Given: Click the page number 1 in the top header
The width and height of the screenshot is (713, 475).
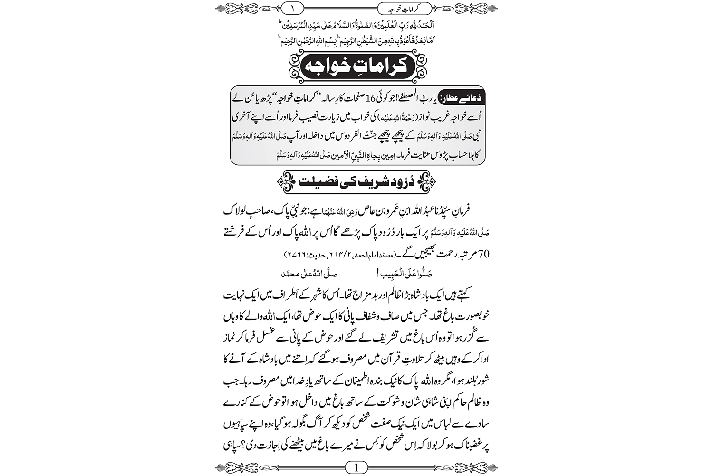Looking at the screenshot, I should (x=293, y=8).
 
